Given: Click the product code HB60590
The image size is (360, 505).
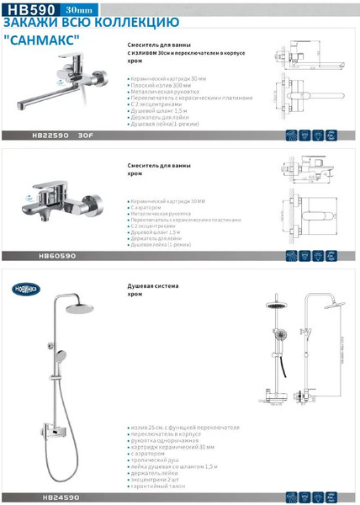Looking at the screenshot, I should [57, 256].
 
